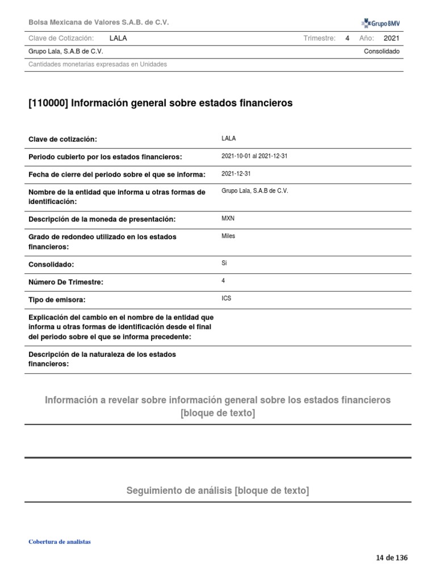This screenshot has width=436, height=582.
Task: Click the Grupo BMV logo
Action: [380, 23]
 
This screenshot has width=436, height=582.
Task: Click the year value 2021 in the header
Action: [392, 39]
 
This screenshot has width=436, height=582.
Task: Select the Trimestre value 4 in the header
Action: [347, 39]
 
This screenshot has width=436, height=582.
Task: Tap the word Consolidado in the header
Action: [381, 52]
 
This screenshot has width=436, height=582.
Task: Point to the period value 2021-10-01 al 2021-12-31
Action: [254, 156]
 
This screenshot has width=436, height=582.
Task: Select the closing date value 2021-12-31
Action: [236, 174]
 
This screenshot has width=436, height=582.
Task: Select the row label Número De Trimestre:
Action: [66, 282]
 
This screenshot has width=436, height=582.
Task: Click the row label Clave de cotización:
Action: [62, 139]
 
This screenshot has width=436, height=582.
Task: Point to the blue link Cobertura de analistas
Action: [60, 542]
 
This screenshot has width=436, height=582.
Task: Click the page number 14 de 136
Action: [392, 558]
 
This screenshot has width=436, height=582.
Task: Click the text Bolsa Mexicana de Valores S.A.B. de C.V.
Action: [99, 22]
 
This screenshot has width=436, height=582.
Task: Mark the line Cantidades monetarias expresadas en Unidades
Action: [98, 64]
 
